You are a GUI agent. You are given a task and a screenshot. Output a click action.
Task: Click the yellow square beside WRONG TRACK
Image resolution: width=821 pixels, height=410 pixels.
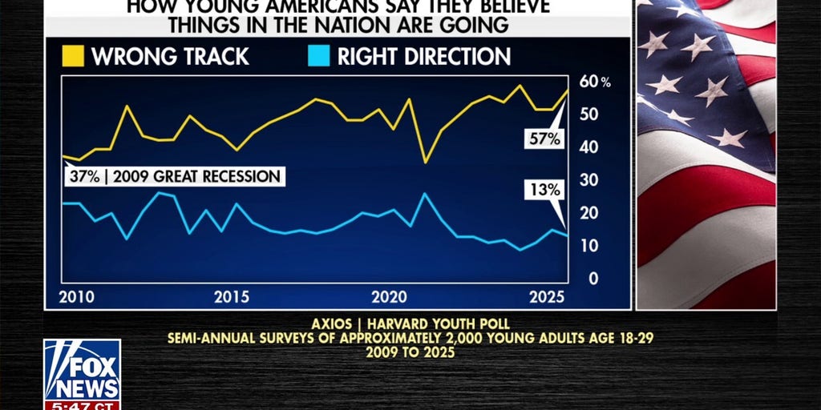click(x=73, y=56)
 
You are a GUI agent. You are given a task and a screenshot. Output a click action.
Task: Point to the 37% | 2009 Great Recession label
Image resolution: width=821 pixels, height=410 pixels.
click(x=174, y=176)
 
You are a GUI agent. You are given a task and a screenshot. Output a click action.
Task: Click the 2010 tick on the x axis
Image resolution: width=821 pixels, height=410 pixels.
click(x=76, y=297)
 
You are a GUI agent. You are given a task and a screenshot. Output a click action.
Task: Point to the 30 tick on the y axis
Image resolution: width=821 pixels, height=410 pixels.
click(x=589, y=180)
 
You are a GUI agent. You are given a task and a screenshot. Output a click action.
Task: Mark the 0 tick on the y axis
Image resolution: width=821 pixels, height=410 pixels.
click(x=593, y=279)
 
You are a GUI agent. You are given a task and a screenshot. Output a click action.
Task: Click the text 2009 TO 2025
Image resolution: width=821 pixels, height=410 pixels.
click(x=410, y=352)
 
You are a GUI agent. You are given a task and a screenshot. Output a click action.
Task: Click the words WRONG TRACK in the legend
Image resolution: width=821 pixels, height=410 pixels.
click(x=170, y=57)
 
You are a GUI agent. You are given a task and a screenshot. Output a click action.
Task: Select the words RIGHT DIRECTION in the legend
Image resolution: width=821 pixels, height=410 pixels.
click(x=423, y=57)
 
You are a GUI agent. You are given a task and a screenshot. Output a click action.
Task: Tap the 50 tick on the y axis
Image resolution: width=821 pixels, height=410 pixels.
click(x=589, y=115)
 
